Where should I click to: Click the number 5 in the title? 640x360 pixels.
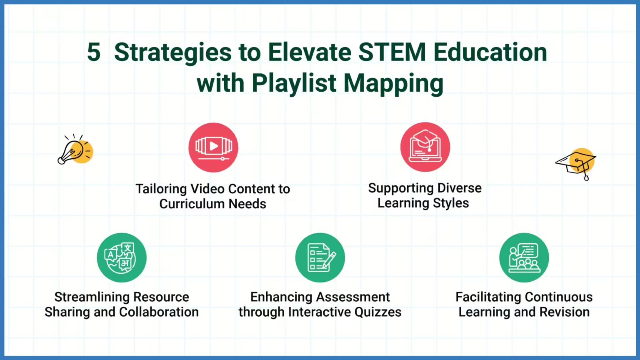(94, 52)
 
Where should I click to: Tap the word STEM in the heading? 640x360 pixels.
(392, 52)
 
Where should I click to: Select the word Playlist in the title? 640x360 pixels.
(294, 83)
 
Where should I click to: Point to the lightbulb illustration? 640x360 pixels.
(75, 150)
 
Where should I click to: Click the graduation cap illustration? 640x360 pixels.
(577, 163)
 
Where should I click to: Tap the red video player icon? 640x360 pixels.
(213, 147)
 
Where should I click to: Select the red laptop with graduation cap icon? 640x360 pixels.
(425, 147)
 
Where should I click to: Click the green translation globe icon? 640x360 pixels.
(122, 257)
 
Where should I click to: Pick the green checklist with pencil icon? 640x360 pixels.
(320, 257)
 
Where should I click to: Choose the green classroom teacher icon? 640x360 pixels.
(524, 257)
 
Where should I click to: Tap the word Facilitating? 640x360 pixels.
(485, 297)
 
